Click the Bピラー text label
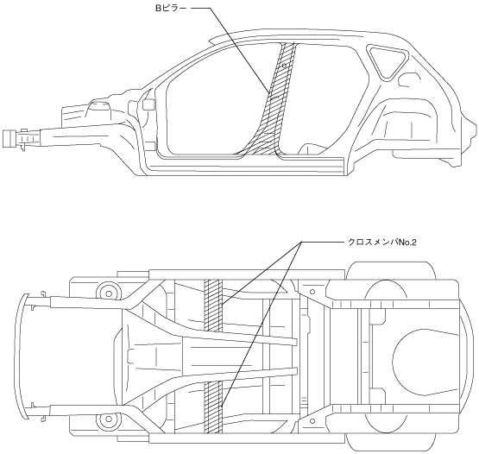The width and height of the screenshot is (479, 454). tap(171, 9)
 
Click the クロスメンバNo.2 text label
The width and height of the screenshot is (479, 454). tap(382, 243)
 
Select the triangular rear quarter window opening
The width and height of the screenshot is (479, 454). tap(387, 60)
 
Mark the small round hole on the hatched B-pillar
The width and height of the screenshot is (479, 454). tap(284, 66)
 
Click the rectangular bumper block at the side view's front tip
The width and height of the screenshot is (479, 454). tap(9, 138)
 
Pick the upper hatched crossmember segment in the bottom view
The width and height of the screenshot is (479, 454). tap(213, 306)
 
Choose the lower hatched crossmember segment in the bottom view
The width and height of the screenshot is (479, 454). tap(213, 407)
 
